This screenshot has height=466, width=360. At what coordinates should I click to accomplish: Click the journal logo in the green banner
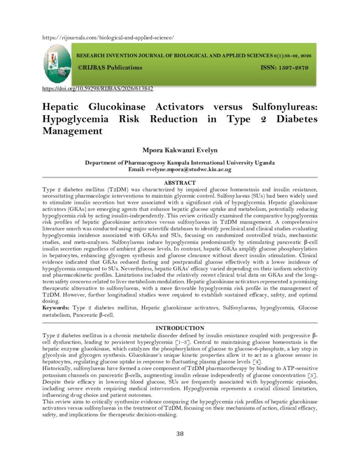point(57,63)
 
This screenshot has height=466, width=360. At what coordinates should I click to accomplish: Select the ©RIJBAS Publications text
point(110,67)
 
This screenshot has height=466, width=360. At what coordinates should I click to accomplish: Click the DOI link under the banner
point(97,89)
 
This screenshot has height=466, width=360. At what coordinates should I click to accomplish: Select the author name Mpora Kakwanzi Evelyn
point(180,150)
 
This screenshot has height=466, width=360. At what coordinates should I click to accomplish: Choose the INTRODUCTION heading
point(180,328)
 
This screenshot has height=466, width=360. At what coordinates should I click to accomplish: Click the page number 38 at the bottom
point(180,434)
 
